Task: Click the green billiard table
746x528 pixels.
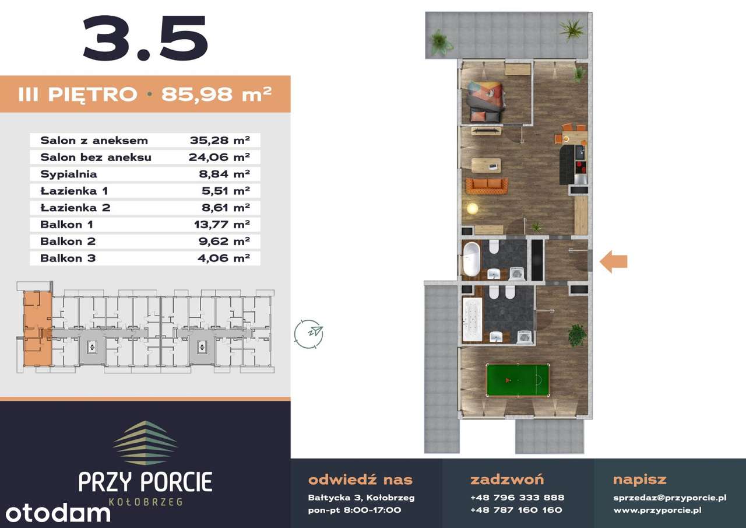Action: click(518, 380)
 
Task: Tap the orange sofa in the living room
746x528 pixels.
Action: click(487, 186)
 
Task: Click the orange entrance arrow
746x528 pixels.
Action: click(614, 262)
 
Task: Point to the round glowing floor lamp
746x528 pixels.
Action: click(472, 209)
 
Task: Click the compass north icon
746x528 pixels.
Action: click(309, 334)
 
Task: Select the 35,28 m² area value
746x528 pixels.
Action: click(220, 141)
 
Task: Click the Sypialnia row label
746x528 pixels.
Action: click(69, 174)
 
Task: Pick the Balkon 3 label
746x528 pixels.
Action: click(68, 258)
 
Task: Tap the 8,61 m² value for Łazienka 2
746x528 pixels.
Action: click(226, 208)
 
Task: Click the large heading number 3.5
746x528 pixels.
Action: click(146, 39)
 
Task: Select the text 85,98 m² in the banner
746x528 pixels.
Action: click(216, 94)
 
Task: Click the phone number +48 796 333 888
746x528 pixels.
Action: click(517, 498)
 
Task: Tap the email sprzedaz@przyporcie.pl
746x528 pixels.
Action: click(670, 498)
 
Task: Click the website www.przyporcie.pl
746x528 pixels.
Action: click(657, 510)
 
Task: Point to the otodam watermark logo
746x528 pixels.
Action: click(58, 513)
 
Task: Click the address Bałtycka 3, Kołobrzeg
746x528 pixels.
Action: click(361, 498)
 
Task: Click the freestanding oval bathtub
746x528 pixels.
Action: click(471, 259)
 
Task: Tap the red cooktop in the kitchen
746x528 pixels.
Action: click(581, 167)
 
